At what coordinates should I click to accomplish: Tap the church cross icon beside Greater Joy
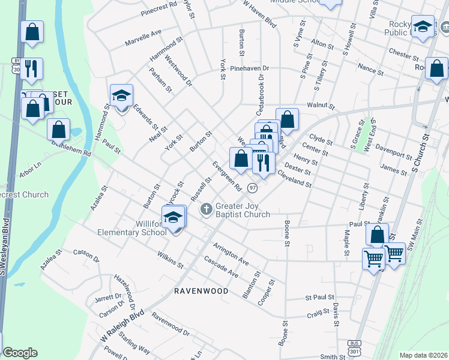(x=206, y=209)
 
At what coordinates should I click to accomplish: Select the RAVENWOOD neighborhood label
(x=201, y=291)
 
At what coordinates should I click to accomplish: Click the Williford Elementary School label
(x=133, y=228)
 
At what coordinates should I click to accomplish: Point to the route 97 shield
(x=253, y=188)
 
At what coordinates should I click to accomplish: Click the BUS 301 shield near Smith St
(x=354, y=347)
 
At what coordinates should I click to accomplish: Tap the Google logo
(x=20, y=353)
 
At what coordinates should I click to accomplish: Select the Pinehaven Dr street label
(x=250, y=68)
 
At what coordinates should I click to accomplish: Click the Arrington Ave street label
(x=231, y=252)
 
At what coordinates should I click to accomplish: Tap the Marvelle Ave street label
(x=143, y=38)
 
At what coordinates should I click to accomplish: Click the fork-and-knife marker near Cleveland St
(x=264, y=161)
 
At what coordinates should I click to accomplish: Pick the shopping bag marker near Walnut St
(x=287, y=119)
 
